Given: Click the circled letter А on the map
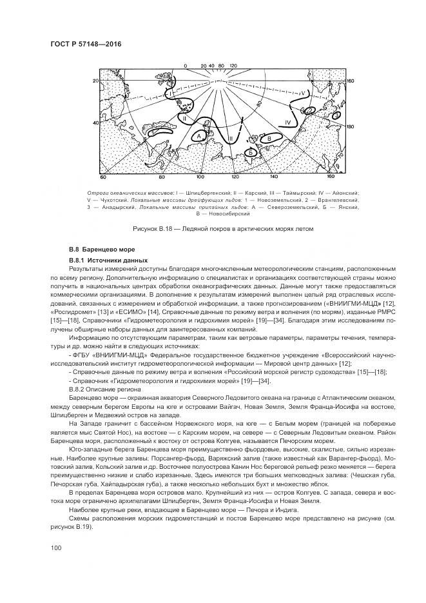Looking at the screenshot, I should click(200, 136).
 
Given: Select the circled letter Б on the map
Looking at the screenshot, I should click(251, 152).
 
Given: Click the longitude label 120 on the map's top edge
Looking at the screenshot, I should click(233, 66).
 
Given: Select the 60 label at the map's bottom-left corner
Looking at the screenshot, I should click(102, 176).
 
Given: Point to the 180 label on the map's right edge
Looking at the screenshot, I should click(351, 127).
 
